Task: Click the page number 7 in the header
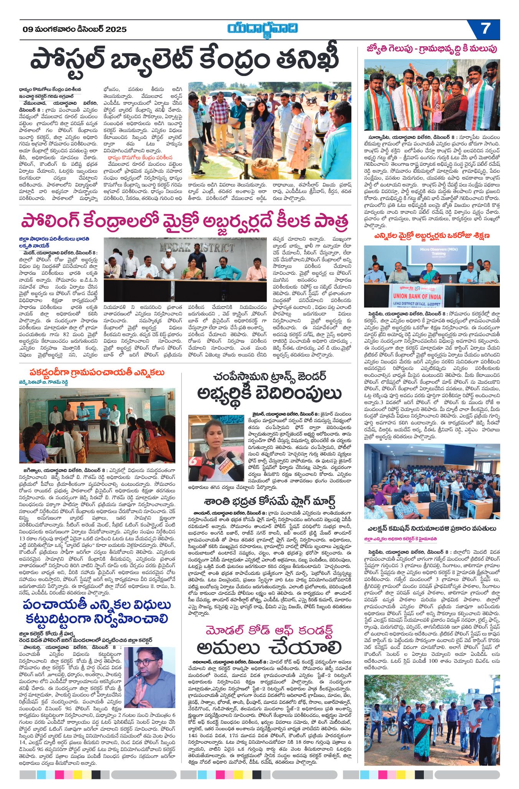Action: point(485,29)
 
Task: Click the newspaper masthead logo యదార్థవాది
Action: point(262,29)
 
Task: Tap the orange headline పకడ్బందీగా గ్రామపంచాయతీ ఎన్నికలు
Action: point(97,372)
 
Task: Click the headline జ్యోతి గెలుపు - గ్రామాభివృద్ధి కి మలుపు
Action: point(432,49)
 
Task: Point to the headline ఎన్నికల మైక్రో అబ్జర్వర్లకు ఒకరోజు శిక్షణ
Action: point(432,235)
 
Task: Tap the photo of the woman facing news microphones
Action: point(216,448)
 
